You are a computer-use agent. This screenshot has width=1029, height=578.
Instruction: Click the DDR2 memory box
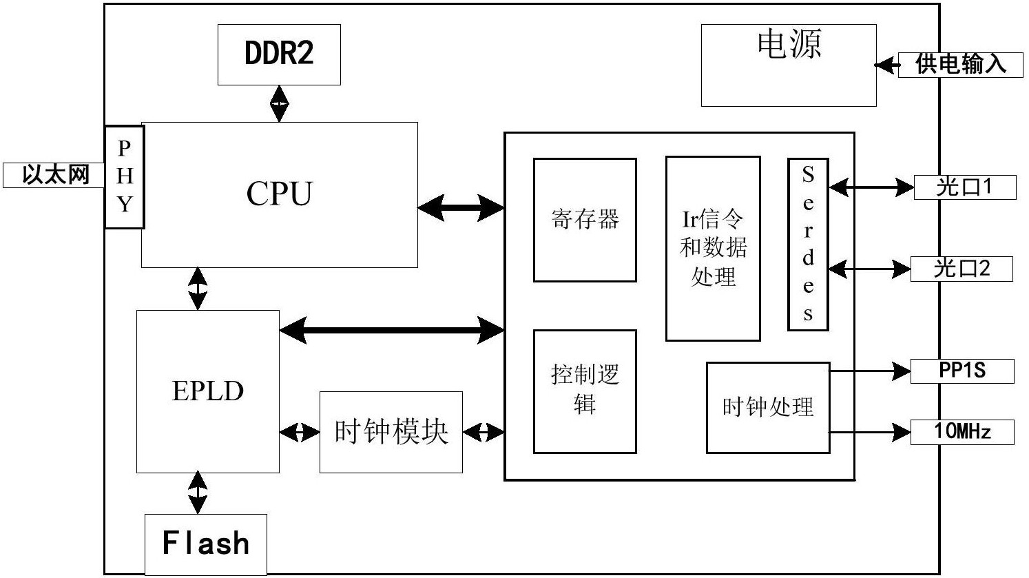point(279,54)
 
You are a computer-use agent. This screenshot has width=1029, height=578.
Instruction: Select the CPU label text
point(279,194)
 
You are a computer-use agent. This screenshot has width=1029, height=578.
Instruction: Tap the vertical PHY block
point(125,176)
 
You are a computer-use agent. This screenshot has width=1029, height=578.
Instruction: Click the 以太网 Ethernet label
point(54,174)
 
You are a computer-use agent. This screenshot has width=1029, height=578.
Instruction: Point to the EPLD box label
point(207,391)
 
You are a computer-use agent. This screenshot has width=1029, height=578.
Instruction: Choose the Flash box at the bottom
point(205,544)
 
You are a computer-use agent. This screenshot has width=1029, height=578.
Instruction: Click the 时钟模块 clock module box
point(391,432)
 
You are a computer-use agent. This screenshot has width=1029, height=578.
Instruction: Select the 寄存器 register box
point(585,220)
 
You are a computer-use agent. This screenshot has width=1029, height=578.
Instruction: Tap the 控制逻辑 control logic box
point(585,391)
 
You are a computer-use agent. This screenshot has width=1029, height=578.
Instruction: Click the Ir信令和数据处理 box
point(713,248)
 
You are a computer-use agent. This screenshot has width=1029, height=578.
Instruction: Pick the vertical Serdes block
point(808,245)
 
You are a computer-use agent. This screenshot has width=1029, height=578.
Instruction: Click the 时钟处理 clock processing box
point(767,407)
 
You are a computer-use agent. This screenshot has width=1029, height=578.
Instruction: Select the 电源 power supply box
point(789,65)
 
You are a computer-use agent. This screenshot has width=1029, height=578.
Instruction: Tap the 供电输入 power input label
point(960,65)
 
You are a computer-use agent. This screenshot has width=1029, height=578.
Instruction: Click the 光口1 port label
point(964,187)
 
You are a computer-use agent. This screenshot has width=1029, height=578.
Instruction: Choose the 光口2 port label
point(962,269)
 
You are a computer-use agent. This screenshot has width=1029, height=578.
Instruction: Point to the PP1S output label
point(962,371)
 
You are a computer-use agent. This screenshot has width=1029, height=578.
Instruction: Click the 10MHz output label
point(962,432)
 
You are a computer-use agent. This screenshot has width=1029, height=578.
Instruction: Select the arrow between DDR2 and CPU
point(280,103)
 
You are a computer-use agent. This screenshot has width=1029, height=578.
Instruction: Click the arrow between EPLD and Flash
point(198,493)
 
